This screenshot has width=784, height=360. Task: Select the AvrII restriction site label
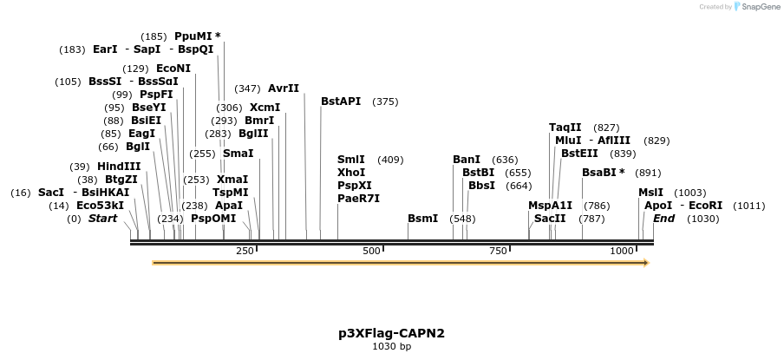pyautogui.click(x=284, y=88)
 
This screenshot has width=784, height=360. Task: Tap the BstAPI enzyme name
pyautogui.click(x=341, y=101)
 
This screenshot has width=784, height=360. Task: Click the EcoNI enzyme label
pyautogui.click(x=173, y=69)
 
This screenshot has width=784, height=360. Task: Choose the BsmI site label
pyautogui.click(x=422, y=219)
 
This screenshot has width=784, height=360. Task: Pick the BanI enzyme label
pyautogui.click(x=467, y=160)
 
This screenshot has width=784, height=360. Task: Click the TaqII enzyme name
pyautogui.click(x=565, y=128)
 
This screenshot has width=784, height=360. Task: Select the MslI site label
pyautogui.click(x=650, y=193)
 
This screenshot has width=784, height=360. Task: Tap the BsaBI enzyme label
pyautogui.click(x=598, y=173)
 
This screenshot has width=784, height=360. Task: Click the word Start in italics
pyautogui.click(x=102, y=219)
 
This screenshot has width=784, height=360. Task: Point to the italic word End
pyautogui.click(x=664, y=219)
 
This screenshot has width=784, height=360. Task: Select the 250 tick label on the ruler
pyautogui.click(x=245, y=251)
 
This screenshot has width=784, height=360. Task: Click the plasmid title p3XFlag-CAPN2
pyautogui.click(x=391, y=333)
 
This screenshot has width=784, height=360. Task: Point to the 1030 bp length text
pyautogui.click(x=391, y=347)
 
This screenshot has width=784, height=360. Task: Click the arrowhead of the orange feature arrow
pyautogui.click(x=645, y=262)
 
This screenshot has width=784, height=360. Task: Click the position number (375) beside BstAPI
pyautogui.click(x=385, y=101)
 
